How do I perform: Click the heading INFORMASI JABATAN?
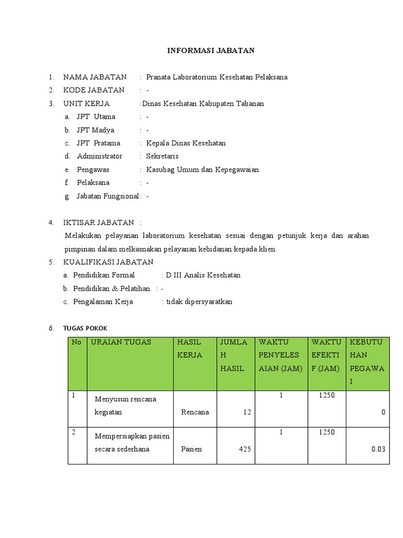(210, 50)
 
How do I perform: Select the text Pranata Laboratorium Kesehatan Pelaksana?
(217, 77)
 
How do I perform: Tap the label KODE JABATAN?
(94, 90)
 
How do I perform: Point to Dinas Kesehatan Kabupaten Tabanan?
(203, 104)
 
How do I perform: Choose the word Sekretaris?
(162, 156)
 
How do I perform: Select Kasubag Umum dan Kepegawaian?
(203, 169)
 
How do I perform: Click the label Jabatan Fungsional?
(108, 196)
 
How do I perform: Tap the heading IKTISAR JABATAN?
(99, 222)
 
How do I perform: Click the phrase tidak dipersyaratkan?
(199, 302)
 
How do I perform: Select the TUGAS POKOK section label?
(85, 328)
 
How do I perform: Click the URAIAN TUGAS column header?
(121, 342)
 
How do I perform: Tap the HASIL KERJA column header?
(189, 348)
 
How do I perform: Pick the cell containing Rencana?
(195, 412)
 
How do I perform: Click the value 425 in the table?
(243, 449)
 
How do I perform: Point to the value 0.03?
(378, 449)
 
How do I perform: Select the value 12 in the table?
(247, 412)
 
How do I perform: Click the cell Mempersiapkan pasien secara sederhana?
(132, 442)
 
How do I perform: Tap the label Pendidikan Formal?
(104, 275)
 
